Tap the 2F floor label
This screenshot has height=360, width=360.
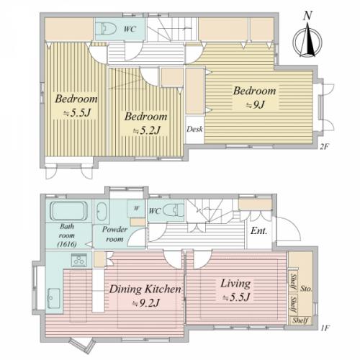[323, 147]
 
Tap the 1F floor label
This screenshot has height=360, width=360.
[324, 328]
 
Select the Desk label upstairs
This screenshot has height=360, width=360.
[194, 129]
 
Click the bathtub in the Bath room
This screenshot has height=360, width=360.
[68, 211]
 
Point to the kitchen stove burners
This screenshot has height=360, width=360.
[78, 260]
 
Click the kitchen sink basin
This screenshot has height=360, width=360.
[54, 298]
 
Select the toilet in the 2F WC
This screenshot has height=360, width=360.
[109, 29]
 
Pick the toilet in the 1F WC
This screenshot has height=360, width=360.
[174, 210]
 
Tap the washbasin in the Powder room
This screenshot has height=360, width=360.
[102, 212]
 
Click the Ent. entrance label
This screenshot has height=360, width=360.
[258, 231]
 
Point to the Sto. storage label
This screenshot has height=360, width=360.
[306, 289]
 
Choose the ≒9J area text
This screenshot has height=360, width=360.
[256, 104]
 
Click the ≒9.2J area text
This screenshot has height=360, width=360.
[146, 304]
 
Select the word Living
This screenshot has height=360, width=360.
[235, 284]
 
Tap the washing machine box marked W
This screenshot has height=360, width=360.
[136, 208]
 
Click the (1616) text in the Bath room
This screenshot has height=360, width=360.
[67, 244]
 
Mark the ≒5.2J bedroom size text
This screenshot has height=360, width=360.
[147, 131]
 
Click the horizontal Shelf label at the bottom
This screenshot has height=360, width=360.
[300, 320]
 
